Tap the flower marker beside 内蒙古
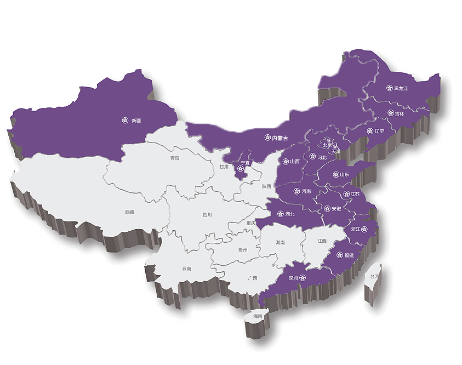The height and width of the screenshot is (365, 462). pos(267,138)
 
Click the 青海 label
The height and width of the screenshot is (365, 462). pos(175,158)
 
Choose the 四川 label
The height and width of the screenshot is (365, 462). pos(207,215)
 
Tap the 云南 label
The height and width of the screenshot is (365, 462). pos(186,269)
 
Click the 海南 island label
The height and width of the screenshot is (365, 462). pos(258,316)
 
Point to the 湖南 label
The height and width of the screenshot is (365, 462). pos(280,242)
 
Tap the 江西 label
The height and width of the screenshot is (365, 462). pos(322,241)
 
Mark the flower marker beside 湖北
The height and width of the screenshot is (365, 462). pos(280,214)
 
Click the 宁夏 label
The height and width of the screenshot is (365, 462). pos(245,163)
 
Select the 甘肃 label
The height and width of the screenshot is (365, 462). pos(224,167)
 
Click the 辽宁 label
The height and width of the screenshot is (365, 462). pos(380,132)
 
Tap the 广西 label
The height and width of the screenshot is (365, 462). pos(253,278)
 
